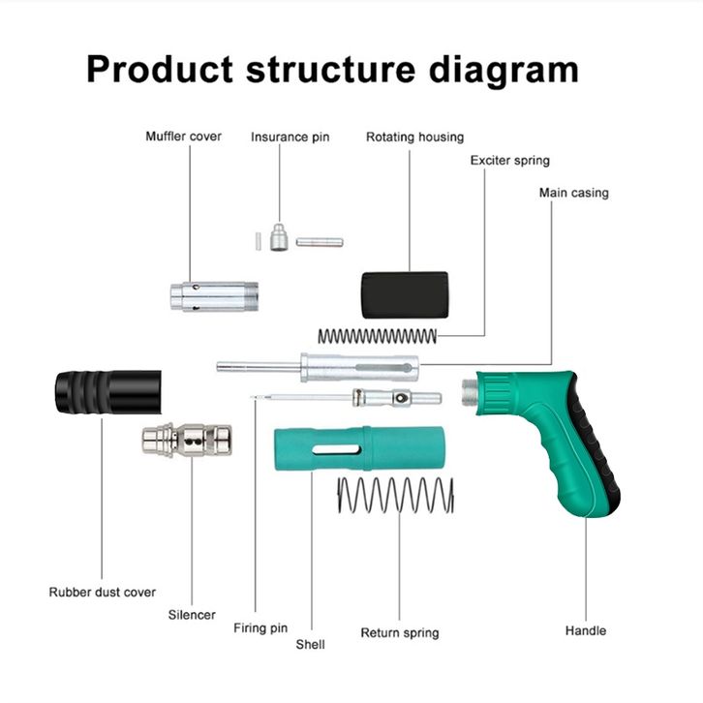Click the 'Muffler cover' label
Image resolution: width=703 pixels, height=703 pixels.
coord(183,137)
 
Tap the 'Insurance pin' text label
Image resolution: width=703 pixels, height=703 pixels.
coord(290,137)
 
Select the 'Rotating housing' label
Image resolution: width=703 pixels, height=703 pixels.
coord(414,137)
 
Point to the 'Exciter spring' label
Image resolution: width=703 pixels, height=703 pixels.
coord(509,160)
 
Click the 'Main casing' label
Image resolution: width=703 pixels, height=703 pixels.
coord(573,193)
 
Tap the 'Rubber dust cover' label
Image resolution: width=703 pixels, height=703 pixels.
coord(102,592)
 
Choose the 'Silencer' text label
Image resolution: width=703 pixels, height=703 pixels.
coord(192,614)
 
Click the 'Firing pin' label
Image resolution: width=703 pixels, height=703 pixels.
coord(260,627)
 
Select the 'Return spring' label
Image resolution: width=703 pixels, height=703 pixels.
coord(399,632)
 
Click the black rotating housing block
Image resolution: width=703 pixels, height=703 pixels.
coord(405,294)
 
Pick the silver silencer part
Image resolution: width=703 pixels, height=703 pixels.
coord(187,440)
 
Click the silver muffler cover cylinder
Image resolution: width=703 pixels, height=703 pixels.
coord(213,296)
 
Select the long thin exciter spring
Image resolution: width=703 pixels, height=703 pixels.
coord(377,336)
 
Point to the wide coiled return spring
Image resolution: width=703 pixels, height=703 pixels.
coord(394,496)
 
